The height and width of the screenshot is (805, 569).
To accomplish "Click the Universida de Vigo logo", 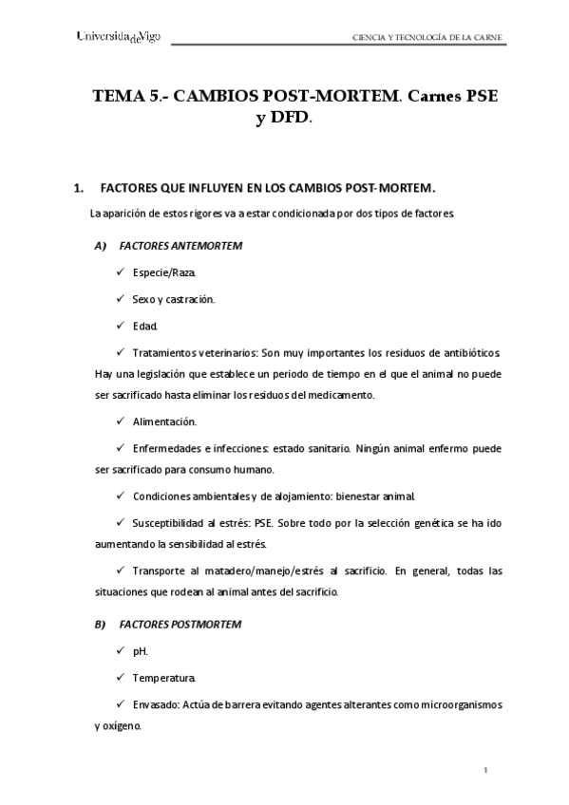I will (119, 37).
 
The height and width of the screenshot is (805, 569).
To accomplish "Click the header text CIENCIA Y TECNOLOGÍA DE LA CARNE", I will (427, 38).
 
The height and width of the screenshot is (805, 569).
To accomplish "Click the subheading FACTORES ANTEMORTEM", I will (180, 246).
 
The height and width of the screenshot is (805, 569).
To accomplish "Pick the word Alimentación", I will (165, 421).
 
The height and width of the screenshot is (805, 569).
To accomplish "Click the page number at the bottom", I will (484, 770).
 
